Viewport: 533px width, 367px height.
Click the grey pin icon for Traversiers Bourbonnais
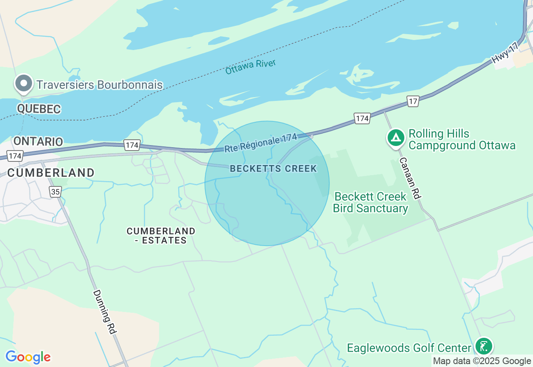(24, 84)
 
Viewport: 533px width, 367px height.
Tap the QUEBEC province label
(39, 109)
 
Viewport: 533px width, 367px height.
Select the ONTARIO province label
(38, 141)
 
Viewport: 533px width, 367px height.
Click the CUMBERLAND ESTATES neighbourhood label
(161, 236)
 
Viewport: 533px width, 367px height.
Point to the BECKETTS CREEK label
(273, 169)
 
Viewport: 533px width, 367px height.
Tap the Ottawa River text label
(250, 67)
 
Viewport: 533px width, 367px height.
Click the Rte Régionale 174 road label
(260, 143)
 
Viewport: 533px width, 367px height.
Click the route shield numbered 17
(413, 101)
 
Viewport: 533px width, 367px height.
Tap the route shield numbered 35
(55, 191)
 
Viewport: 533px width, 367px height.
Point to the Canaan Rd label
(410, 177)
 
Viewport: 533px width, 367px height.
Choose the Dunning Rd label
(104, 312)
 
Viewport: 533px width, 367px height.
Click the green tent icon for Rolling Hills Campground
(396, 137)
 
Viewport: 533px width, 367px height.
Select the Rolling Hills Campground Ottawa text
(462, 140)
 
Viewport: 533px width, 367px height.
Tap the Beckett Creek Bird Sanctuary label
(370, 202)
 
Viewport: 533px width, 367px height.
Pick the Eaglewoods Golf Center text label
(409, 348)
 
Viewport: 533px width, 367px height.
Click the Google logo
(28, 357)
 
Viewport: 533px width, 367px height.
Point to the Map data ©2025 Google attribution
(482, 361)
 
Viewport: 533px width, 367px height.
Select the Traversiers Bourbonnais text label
(100, 85)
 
